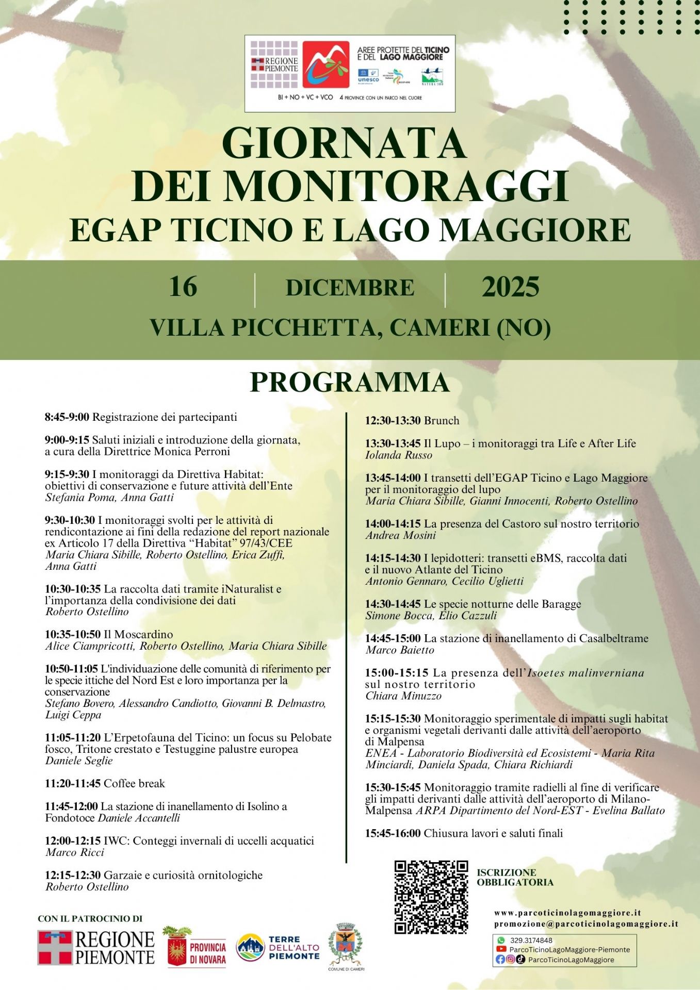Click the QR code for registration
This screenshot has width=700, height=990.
[x=431, y=897]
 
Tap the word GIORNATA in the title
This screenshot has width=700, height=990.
[x=344, y=143]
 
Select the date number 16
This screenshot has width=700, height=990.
[x=183, y=287]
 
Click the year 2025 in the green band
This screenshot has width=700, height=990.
[x=510, y=287]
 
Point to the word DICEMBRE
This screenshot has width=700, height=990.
[x=350, y=288]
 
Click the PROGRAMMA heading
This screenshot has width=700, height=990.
[x=350, y=382]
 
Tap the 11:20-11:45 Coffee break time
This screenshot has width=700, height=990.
[x=73, y=784]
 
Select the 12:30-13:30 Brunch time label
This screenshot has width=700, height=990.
[x=393, y=421]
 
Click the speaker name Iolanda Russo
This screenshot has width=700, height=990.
[x=399, y=455]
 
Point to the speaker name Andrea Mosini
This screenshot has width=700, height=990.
[x=401, y=536]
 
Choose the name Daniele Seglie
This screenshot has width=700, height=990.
[x=79, y=761]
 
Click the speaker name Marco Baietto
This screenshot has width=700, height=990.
[x=400, y=650]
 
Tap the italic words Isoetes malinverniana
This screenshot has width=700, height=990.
[x=585, y=673]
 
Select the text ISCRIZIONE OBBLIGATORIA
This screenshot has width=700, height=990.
[x=514, y=877]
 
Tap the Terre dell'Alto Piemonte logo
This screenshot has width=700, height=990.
[x=278, y=948]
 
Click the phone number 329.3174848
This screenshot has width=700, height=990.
[x=531, y=940]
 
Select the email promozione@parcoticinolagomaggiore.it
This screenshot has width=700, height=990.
[x=586, y=924]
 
